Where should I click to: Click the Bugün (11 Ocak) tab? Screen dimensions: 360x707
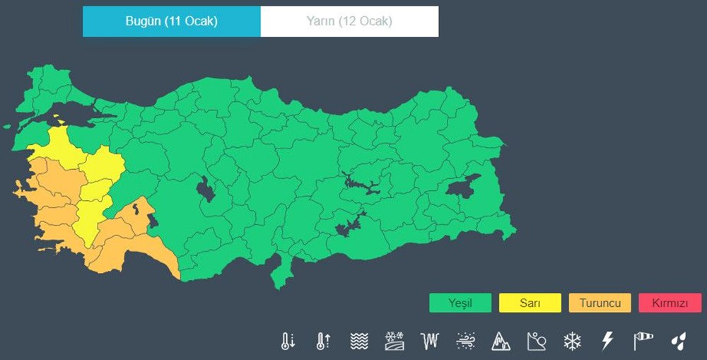[171, 21]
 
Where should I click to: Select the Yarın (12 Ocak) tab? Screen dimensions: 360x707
[349, 21]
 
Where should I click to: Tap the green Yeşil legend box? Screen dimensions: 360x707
[460, 303]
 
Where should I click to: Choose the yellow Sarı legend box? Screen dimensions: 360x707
[530, 303]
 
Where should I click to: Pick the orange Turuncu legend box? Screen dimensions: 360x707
[600, 303]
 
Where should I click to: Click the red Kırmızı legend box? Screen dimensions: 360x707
[670, 303]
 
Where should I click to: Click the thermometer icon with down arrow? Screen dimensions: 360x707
[287, 342]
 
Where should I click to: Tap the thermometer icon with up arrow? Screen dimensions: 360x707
[323, 342]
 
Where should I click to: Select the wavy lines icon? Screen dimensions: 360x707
[359, 342]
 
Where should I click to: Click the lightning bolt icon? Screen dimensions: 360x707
[607, 342]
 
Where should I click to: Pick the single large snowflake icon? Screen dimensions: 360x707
[571, 342]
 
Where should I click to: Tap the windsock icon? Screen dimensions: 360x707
[643, 342]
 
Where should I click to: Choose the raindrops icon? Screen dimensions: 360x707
[678, 342]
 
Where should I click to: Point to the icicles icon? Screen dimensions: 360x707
[429, 342]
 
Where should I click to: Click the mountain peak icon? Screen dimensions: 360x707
[501, 342]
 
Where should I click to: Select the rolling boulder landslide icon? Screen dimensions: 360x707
[536, 342]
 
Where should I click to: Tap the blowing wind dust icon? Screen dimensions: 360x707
[464, 342]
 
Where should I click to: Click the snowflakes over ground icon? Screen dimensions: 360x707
[394, 342]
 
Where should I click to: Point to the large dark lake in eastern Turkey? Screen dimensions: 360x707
[462, 186]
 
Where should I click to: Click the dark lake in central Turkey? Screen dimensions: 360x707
[206, 190]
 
